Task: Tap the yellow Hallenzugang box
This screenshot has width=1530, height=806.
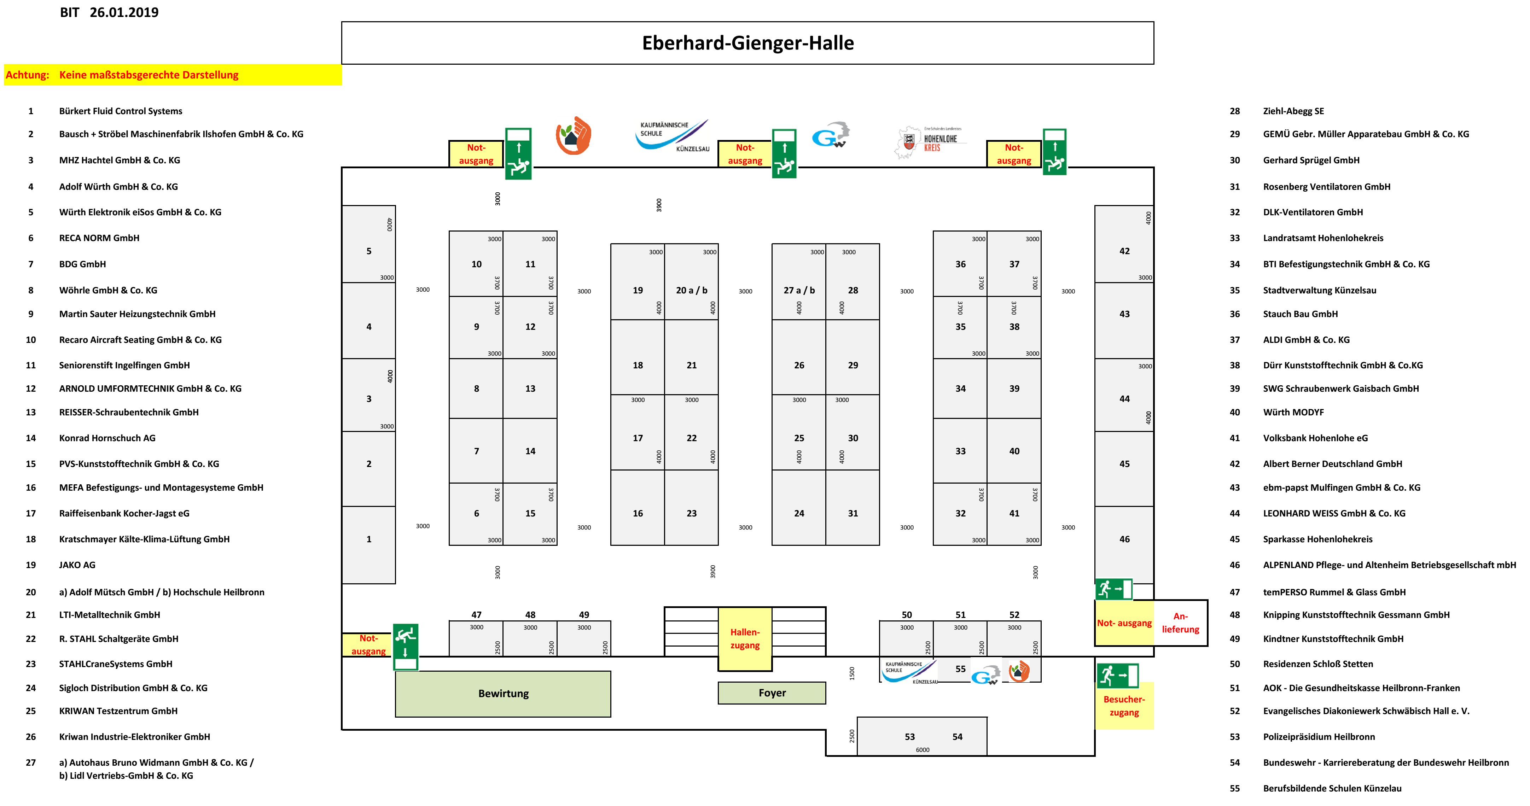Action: coord(745,638)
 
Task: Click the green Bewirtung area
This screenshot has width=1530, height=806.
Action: coord(503,693)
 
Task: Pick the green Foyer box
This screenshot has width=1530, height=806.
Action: coord(772,693)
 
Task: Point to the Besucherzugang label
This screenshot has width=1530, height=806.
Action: coord(1124,706)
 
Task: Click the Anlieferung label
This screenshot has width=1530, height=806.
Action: coord(1180,623)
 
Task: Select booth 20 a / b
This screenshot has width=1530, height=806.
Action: coord(691,290)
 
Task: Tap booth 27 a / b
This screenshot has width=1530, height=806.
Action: coord(799,290)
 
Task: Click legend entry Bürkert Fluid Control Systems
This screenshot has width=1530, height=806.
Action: coord(121,111)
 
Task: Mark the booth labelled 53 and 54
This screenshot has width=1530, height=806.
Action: coord(922,736)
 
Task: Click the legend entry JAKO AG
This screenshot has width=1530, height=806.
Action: coord(77,565)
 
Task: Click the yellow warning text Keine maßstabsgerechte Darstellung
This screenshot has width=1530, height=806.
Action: coord(149,75)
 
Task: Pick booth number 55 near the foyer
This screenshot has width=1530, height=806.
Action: coord(960,669)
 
